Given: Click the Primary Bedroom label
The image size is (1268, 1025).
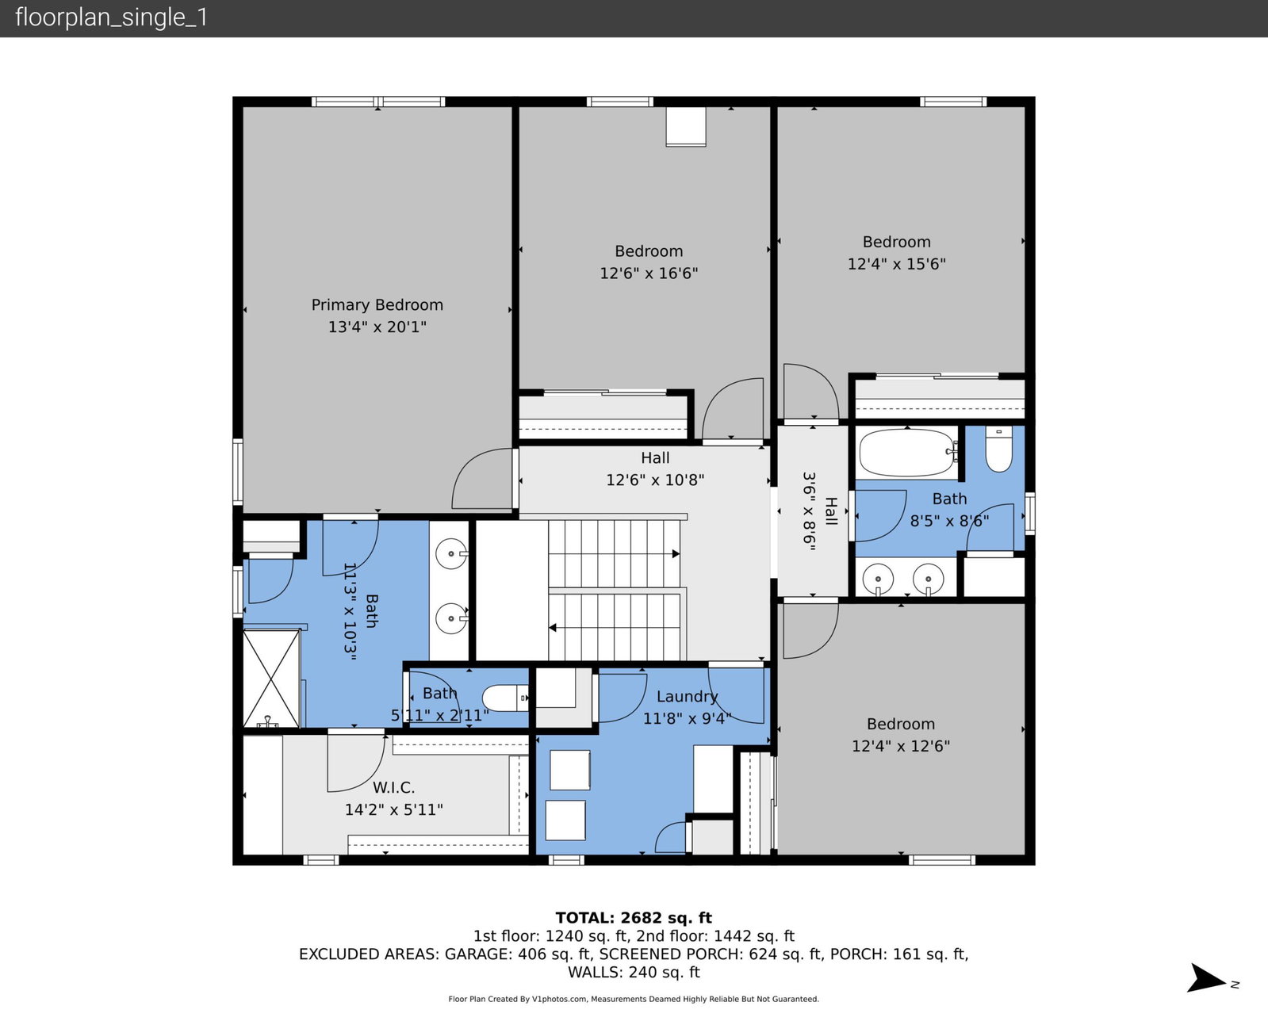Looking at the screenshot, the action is point(377,304).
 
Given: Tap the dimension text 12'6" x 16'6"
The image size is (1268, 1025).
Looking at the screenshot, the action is point(649,273).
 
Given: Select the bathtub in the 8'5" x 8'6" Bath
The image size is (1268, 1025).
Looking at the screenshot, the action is point(906,453).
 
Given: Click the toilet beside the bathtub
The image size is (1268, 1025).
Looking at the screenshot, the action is point(998,449).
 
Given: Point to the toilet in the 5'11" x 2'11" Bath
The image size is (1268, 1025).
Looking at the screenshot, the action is point(505,698).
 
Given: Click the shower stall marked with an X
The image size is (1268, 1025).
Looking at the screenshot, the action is point(271,678).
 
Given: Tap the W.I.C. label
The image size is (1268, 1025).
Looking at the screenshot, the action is point(393,788).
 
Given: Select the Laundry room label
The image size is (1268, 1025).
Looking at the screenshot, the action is point(687,697).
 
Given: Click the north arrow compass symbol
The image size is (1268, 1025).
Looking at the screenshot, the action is point(1208,978).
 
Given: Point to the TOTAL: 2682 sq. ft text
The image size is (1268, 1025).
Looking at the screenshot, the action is point(634,917).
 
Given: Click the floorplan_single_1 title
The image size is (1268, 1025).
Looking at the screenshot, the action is point(111,17).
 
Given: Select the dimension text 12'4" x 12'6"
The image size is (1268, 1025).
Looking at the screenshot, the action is point(901,746).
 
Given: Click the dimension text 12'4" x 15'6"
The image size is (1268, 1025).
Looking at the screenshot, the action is point(897,263).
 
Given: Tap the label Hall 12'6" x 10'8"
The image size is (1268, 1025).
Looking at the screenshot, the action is point(655,469).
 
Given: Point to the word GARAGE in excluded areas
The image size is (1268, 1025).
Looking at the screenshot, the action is point(477,954).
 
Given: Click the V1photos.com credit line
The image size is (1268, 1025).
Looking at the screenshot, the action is point(634,1000).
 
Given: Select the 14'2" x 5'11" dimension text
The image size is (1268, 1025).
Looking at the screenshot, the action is point(393,809).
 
